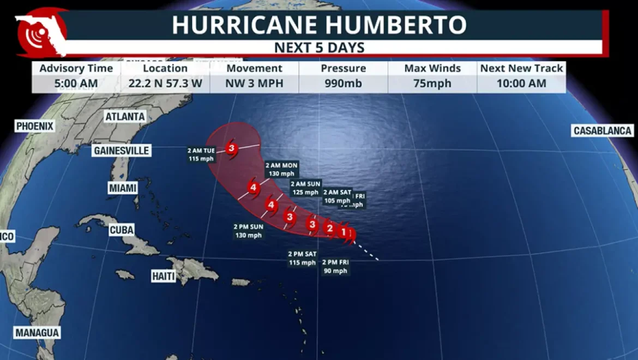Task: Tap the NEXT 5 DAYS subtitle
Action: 319,47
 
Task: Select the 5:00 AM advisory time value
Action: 76,83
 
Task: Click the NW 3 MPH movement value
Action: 254,83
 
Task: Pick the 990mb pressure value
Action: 343,83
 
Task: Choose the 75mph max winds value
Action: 432,83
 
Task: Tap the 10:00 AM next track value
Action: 521,83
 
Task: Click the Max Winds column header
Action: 432,69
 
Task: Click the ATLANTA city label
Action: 125,117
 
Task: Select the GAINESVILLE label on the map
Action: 121,151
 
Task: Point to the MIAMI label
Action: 123,188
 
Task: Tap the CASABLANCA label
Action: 602,131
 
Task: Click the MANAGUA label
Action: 37,333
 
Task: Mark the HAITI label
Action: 164,277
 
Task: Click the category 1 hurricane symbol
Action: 345,232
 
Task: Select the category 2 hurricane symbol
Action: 329,228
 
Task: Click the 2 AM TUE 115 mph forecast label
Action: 201,155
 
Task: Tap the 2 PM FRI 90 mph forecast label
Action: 335,267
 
